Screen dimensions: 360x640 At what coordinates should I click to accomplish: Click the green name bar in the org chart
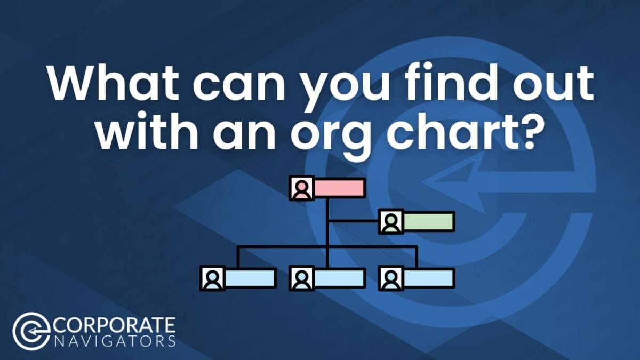coord(428,221)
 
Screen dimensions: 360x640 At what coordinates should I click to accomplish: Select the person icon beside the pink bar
coord(302,188)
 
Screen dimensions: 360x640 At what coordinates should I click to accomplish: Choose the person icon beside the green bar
coord(391,221)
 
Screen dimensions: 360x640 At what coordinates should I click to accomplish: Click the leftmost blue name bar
coord(250,278)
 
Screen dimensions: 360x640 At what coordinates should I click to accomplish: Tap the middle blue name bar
coord(339,278)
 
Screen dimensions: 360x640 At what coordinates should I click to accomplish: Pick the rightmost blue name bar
coord(428,278)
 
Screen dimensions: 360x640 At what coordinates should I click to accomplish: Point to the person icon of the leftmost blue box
coord(212,278)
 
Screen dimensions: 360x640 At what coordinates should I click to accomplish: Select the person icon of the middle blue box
coord(302,278)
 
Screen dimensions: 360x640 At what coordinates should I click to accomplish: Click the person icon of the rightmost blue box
coord(391,278)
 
